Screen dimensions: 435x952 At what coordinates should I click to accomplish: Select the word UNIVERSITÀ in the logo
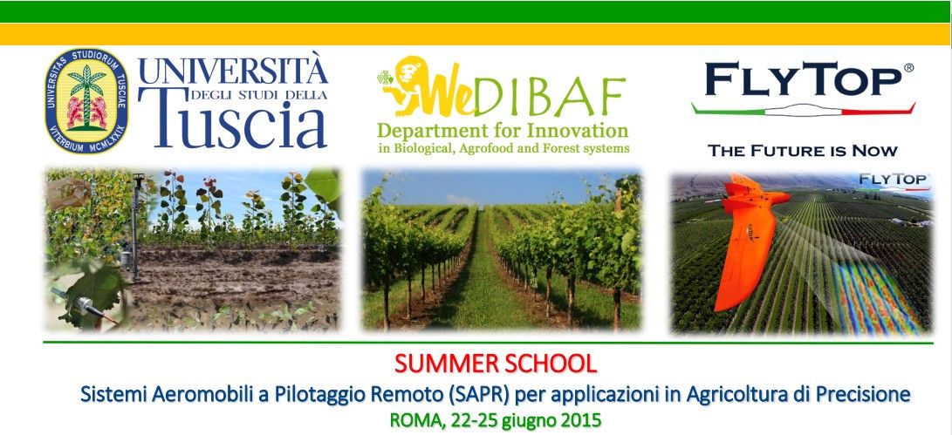(233, 70)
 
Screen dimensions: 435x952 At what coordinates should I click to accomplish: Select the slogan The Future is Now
(802, 151)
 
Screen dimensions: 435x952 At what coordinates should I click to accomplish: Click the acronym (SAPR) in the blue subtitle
(476, 394)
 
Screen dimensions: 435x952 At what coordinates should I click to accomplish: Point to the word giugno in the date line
(526, 420)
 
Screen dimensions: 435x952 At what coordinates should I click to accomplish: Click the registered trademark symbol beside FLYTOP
(909, 67)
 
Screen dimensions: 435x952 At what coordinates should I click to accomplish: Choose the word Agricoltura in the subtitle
(736, 394)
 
